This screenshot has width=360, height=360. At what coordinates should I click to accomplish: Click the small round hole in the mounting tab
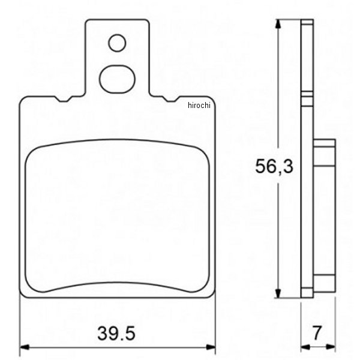118,43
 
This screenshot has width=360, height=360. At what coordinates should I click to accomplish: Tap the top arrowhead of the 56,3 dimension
278,25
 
